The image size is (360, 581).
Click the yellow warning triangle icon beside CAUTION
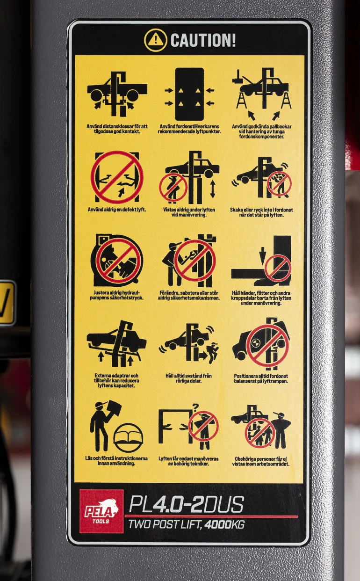click(x=156, y=40)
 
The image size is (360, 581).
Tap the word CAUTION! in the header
click(x=203, y=40)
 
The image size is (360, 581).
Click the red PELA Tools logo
click(x=101, y=511)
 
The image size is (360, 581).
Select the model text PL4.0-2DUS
click(x=187, y=504)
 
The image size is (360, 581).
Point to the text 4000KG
click(x=224, y=525)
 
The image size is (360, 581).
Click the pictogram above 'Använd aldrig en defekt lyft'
click(x=117, y=177)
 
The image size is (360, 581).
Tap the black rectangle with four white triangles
click(x=189, y=94)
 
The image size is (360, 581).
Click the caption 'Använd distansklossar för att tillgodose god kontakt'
click(x=117, y=129)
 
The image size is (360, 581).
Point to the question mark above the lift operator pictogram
click(x=195, y=407)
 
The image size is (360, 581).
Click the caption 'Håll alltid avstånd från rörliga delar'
click(x=189, y=378)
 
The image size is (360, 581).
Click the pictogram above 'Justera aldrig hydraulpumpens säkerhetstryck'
click(x=116, y=261)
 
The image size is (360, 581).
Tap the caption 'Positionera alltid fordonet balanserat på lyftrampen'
click(x=261, y=378)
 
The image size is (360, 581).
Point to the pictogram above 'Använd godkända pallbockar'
click(x=262, y=94)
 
